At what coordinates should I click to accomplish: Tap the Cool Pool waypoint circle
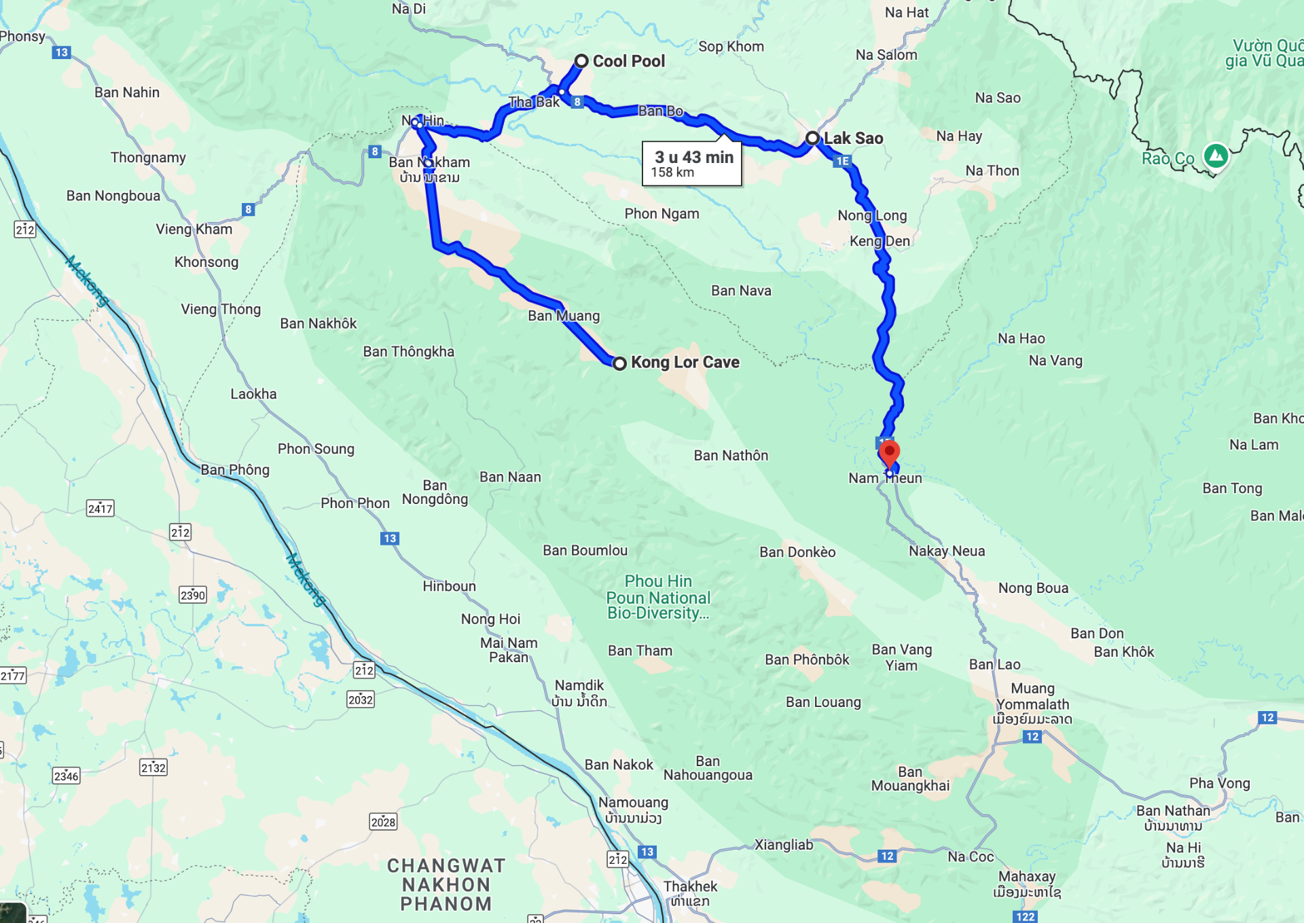(581, 61)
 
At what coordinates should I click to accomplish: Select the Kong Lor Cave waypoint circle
(619, 363)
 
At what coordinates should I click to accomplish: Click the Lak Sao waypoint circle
(812, 138)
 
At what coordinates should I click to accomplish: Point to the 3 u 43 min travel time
(693, 157)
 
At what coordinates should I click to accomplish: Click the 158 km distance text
(672, 173)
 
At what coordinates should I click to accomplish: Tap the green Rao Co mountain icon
(1216, 156)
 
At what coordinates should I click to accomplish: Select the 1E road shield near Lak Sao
(842, 161)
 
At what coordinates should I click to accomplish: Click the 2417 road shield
(101, 508)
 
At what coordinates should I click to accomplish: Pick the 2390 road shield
(193, 595)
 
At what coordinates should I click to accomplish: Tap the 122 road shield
(1025, 917)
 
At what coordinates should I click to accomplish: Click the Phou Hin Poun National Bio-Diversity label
(658, 598)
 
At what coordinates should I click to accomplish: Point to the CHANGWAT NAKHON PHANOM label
(446, 884)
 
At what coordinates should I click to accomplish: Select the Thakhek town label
(690, 886)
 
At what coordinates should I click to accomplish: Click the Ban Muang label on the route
(564, 316)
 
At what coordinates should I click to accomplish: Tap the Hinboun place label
(449, 586)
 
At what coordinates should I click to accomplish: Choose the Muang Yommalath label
(1032, 697)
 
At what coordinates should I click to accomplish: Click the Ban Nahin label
(127, 92)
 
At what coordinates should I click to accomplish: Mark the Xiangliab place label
(784, 845)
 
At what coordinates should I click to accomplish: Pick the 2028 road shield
(383, 822)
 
